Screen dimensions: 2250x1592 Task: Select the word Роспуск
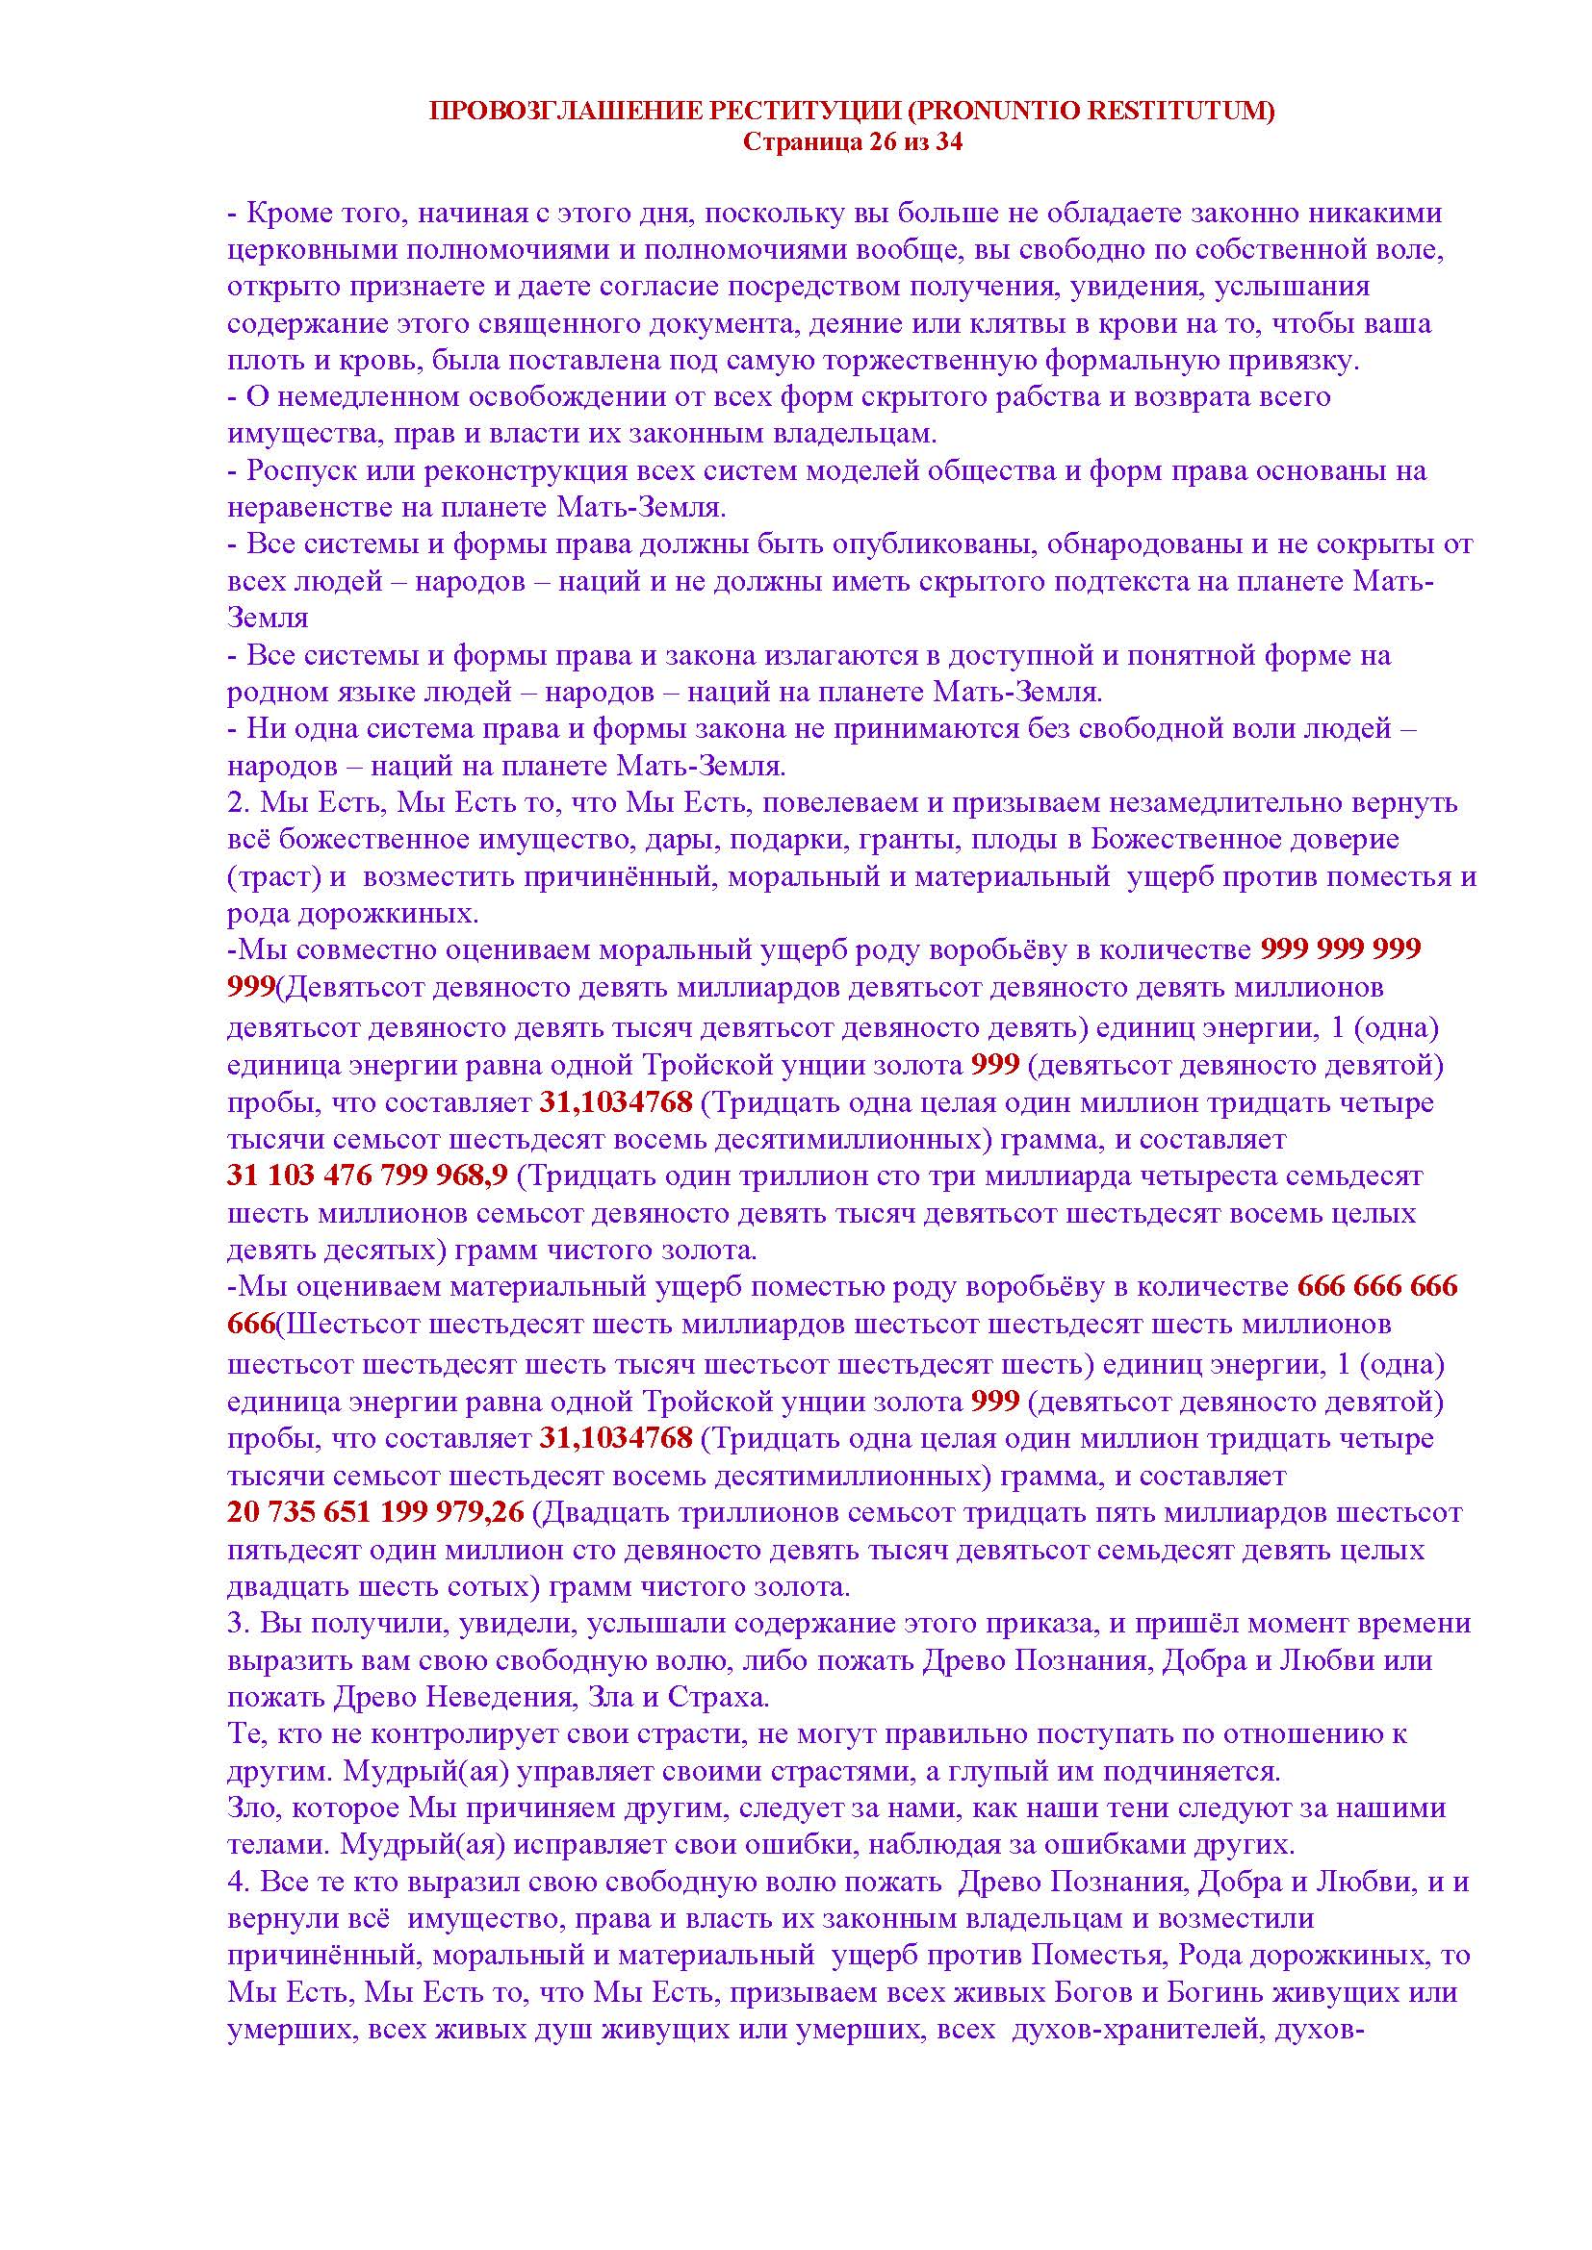(302, 471)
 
